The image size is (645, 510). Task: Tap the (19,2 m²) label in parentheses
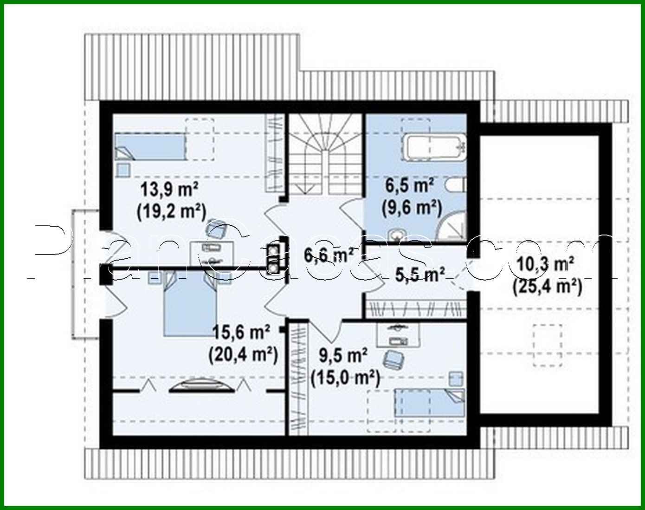click(171, 211)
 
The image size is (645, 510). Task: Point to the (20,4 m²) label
click(243, 354)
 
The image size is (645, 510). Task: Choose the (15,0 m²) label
click(345, 377)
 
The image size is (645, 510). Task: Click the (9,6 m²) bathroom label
click(411, 207)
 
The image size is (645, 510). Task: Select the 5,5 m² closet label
click(420, 274)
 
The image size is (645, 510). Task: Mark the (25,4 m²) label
click(547, 286)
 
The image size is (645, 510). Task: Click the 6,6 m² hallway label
click(329, 255)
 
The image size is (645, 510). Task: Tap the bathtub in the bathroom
click(435, 148)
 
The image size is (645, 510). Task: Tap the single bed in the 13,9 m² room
click(150, 147)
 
